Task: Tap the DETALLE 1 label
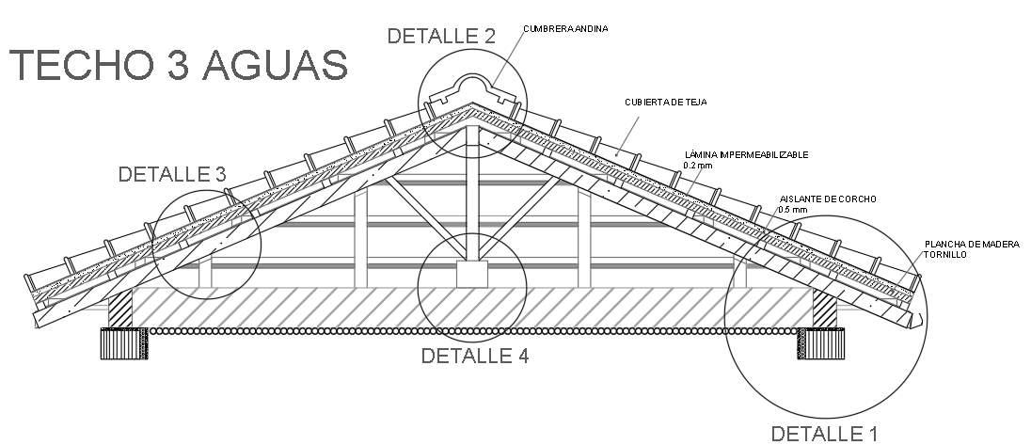pos(824,434)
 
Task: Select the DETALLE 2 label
pos(441,36)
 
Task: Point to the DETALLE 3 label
pos(172,174)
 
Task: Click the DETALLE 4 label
pos(474,356)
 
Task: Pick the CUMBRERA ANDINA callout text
pos(565,29)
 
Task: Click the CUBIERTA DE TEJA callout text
pos(665,102)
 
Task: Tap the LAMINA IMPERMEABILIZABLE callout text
pos(745,154)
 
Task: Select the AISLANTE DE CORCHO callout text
pos(828,199)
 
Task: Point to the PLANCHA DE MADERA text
pos(972,244)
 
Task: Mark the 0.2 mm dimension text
pos(696,166)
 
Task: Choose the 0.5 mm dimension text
pos(793,210)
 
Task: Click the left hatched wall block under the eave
pos(121,308)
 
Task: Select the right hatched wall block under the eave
pos(824,308)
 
